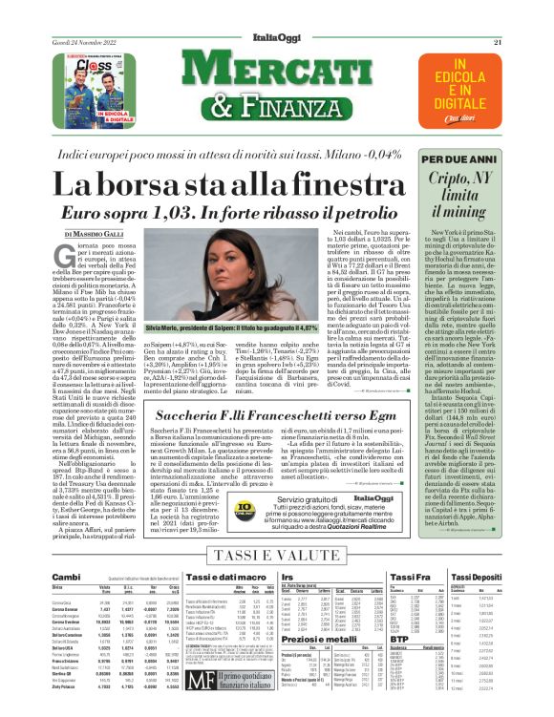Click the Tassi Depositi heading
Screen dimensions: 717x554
coord(478,578)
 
